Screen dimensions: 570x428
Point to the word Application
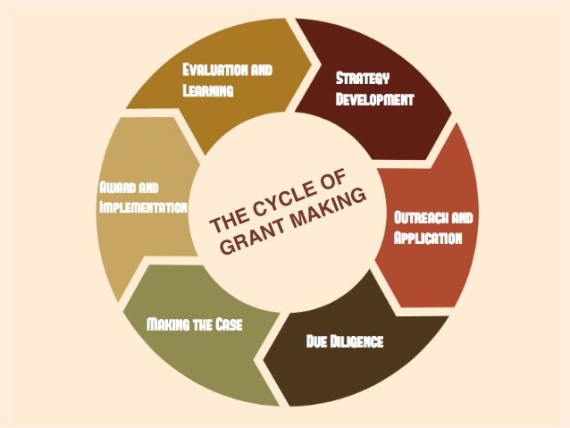pyautogui.click(x=428, y=239)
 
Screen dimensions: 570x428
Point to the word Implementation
pyautogui.click(x=143, y=207)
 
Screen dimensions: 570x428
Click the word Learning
pyautogui.click(x=207, y=90)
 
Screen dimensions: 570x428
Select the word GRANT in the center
pyautogui.click(x=246, y=236)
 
